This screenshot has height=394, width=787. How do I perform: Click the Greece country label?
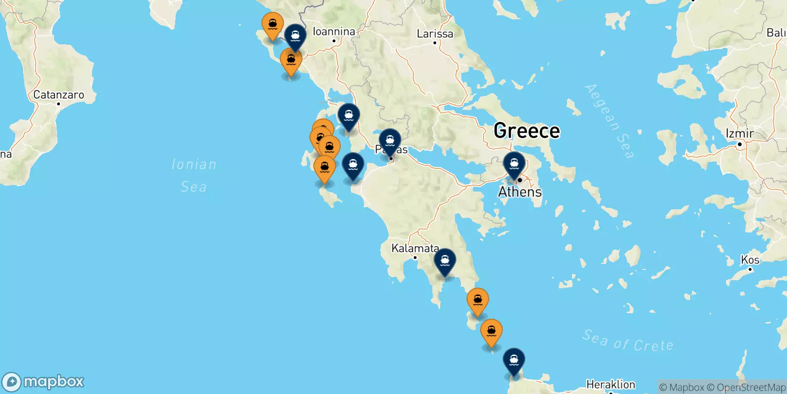tap(526, 131)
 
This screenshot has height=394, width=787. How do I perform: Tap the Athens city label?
tap(520, 192)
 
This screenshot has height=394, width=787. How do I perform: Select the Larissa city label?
tap(435, 34)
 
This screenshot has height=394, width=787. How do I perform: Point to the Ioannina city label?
tap(334, 32)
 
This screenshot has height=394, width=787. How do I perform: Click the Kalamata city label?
tap(415, 248)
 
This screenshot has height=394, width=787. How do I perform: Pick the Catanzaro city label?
tap(59, 95)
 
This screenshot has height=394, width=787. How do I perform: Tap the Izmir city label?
tap(739, 133)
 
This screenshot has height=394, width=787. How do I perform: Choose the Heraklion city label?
tap(610, 384)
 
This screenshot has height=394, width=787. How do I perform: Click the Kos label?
tap(750, 260)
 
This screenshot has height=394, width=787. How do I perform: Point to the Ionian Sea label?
tap(194, 175)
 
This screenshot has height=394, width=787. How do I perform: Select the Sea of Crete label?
tap(628, 340)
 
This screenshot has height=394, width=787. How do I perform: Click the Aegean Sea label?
tap(609, 121)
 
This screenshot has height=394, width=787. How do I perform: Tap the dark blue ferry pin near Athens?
tap(514, 164)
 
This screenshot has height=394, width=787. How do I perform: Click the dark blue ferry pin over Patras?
tap(390, 141)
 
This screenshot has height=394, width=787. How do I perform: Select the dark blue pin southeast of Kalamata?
tap(445, 261)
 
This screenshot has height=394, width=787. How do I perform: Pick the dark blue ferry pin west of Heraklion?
tap(514, 361)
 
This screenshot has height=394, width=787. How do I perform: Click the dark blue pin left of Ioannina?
tap(295, 37)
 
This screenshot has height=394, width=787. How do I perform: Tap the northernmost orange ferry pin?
tap(272, 25)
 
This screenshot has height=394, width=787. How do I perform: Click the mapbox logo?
tap(43, 382)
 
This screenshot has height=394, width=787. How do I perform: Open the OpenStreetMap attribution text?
tap(751, 388)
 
